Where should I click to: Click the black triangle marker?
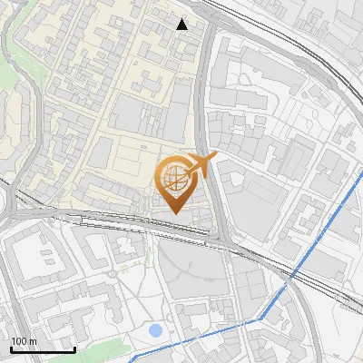coord(181,25)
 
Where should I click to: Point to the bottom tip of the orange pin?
coord(174,214)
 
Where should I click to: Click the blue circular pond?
coord(155,331)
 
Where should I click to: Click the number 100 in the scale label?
coord(18,341)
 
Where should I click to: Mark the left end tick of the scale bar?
coord(11,348)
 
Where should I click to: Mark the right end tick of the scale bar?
coord(74,348)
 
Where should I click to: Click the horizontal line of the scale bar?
coord(43,349)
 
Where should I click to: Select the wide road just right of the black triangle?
coord(206,54)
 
